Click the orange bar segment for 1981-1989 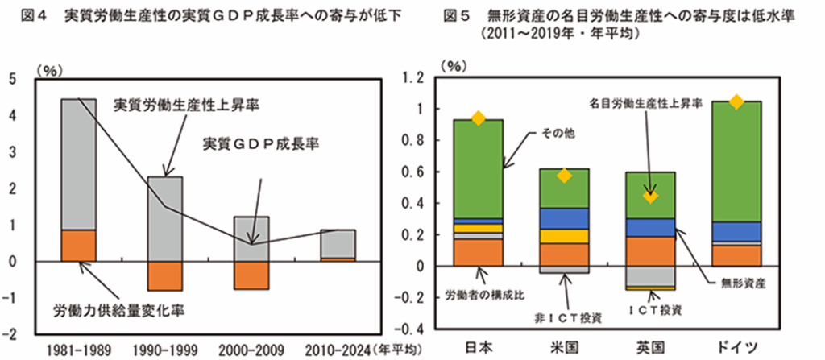[x=78, y=245]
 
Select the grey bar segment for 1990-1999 [x=165, y=218]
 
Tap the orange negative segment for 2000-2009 [x=252, y=275]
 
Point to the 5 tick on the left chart [x=11, y=79]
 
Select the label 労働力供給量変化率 [x=106, y=310]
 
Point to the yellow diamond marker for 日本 [x=478, y=118]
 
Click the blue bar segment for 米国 [x=564, y=218]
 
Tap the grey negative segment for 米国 [x=564, y=270]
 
